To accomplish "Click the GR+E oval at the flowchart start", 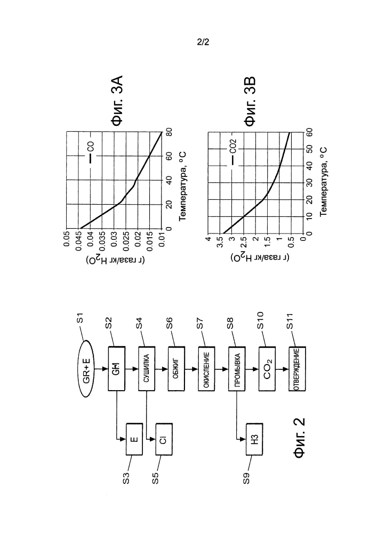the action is [x=86, y=368].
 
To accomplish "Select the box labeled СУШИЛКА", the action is [x=147, y=368].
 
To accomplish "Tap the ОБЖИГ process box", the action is [x=177, y=368].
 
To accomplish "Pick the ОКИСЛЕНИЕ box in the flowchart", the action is [x=207, y=368].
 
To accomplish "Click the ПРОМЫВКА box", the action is [x=237, y=368].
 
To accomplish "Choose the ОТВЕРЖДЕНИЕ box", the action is [x=297, y=368].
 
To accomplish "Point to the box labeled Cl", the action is [x=164, y=439].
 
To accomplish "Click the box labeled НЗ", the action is [x=254, y=439].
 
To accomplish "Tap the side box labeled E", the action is [x=134, y=439].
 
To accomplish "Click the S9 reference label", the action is [x=246, y=479].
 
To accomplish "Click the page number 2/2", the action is [x=203, y=42].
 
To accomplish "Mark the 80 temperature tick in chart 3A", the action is [x=169, y=132].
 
